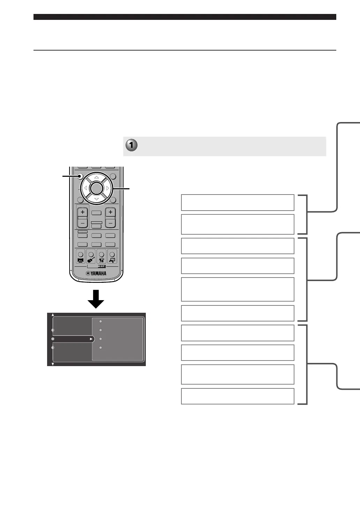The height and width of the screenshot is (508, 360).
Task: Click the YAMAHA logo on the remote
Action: coord(96,273)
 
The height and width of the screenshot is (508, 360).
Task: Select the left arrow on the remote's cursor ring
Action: coord(85,188)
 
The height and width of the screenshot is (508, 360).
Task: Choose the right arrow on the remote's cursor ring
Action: coord(108,188)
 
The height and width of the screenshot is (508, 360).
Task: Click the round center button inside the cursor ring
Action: coord(96,188)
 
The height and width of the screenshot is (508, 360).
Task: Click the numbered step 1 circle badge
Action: coord(131,145)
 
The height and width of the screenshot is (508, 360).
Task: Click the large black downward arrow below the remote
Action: coord(96,299)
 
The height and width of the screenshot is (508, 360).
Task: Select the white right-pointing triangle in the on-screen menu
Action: coord(91,339)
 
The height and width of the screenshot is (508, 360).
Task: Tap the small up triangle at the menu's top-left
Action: coord(53,314)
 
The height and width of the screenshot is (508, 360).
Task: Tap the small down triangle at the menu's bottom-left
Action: coord(53,364)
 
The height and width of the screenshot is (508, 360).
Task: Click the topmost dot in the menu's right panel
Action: coord(100,321)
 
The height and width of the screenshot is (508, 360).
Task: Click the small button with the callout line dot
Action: coord(80,176)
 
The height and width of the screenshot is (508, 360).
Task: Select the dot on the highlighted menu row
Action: coord(53,339)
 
